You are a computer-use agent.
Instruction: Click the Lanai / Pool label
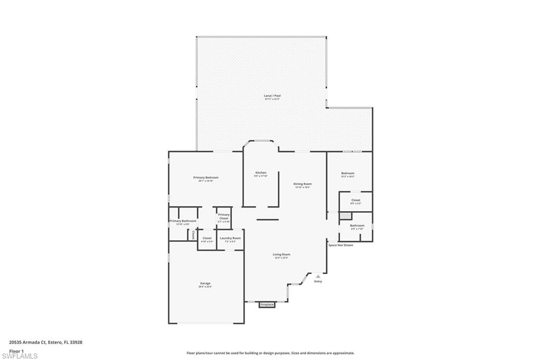pyautogui.click(x=272, y=96)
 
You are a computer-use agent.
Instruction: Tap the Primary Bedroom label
pyautogui.click(x=206, y=178)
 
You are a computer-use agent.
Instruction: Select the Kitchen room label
pyautogui.click(x=261, y=173)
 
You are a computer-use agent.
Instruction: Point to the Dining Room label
pyautogui.click(x=302, y=184)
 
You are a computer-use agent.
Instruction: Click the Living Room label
pyautogui.click(x=281, y=255)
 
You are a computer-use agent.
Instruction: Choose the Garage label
pyautogui.click(x=205, y=284)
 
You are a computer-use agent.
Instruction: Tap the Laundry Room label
pyautogui.click(x=230, y=239)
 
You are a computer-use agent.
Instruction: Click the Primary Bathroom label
pyautogui.click(x=183, y=221)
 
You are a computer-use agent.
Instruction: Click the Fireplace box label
pyautogui.click(x=267, y=305)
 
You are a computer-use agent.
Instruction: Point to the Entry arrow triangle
pyautogui.click(x=318, y=276)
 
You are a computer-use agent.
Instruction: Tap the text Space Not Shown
pyautogui.click(x=341, y=245)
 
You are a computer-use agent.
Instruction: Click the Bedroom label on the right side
pyautogui.click(x=348, y=174)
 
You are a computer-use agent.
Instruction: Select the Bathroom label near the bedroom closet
pyautogui.click(x=357, y=226)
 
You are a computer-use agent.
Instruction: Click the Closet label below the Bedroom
pyautogui.click(x=356, y=201)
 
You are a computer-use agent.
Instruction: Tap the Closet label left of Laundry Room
pyautogui.click(x=207, y=239)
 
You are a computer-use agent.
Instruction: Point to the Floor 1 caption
pyautogui.click(x=17, y=350)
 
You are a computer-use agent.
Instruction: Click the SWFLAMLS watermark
pyautogui.click(x=20, y=356)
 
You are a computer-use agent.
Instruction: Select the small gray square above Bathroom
pyautogui.click(x=345, y=216)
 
